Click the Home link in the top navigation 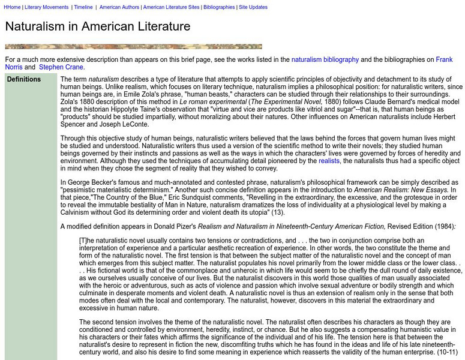(x=11, y=7)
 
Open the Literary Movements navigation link (x=47, y=7)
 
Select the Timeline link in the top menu (x=83, y=7)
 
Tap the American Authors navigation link (x=119, y=7)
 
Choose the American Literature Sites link (x=171, y=7)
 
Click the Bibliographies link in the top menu (x=219, y=7)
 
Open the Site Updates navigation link (x=253, y=7)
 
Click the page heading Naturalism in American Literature (x=98, y=26)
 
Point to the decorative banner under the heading (x=133, y=46)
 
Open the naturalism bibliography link (x=325, y=59)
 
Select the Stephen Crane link (x=61, y=67)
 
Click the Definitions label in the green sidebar (x=24, y=79)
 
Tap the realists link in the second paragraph (x=329, y=161)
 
